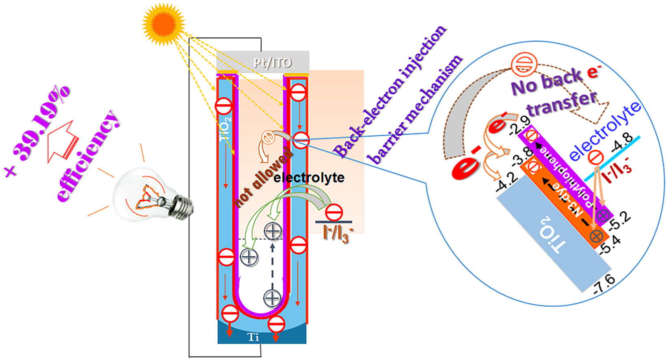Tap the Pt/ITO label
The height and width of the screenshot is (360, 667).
[x=273, y=63]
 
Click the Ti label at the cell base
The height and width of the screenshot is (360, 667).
[x=253, y=337]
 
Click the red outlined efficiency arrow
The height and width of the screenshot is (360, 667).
[x=62, y=140]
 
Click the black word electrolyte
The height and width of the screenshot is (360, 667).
[x=309, y=178]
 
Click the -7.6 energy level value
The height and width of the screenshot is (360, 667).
[x=604, y=284]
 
